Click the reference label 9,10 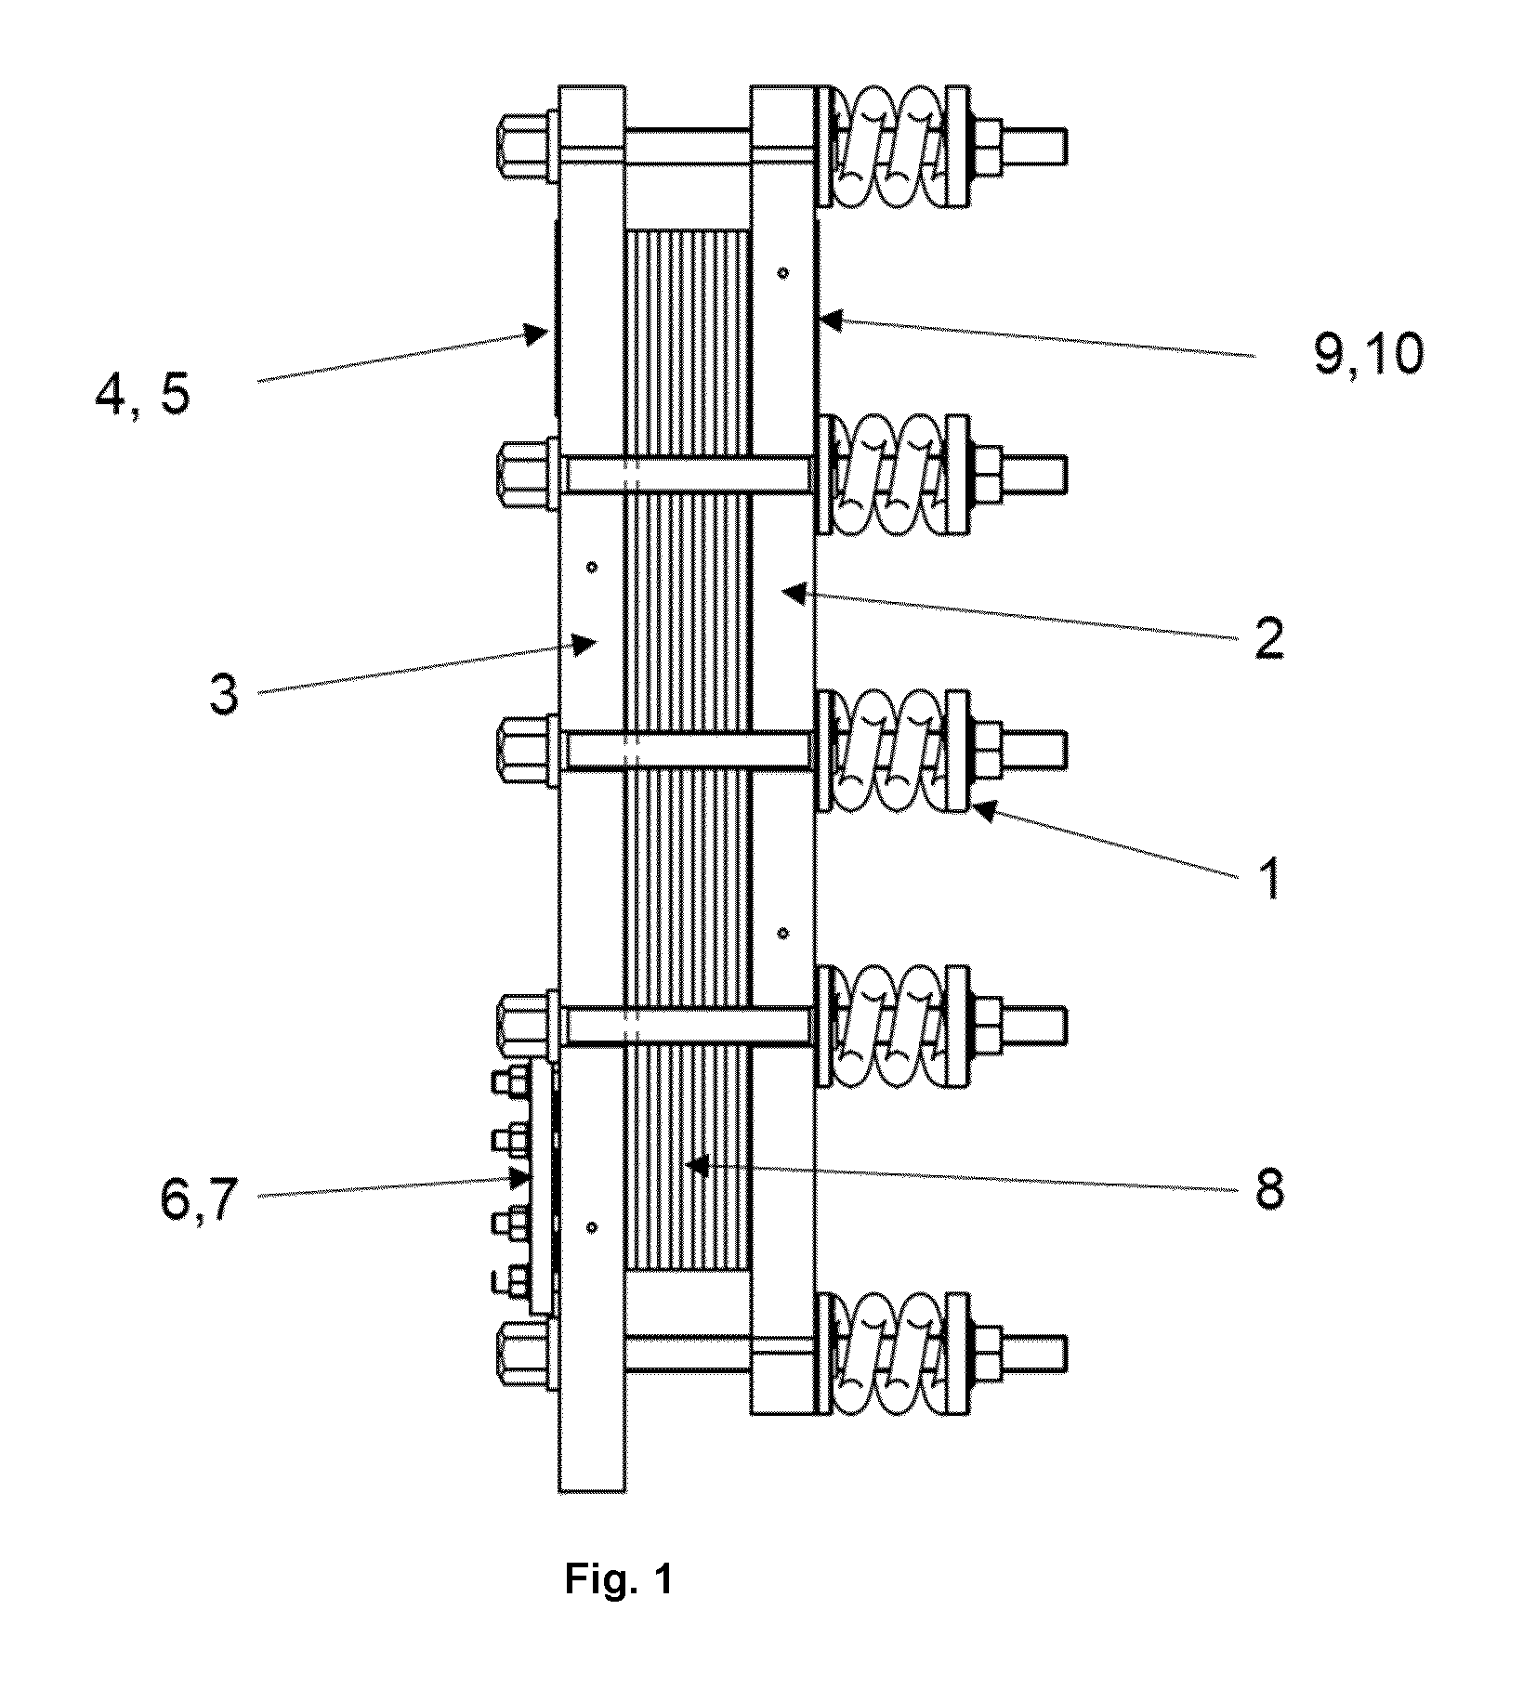click(x=1368, y=354)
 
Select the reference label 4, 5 click(x=143, y=394)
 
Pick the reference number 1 click(x=1269, y=878)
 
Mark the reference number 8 click(x=1269, y=1188)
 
